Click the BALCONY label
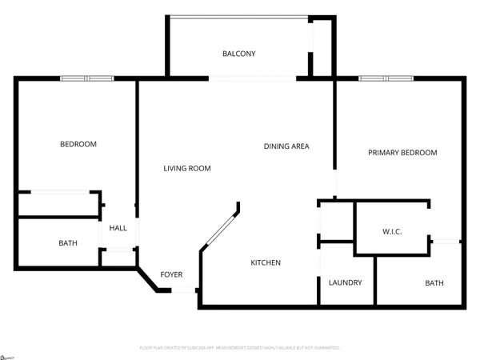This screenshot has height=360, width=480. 238,54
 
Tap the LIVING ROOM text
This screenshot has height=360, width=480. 187,168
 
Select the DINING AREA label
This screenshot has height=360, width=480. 286,146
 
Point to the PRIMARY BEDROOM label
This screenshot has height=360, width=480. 402,153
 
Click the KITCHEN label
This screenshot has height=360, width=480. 266,262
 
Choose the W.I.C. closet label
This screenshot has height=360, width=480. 392,232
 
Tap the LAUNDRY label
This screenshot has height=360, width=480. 346,282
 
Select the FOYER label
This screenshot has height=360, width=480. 171,274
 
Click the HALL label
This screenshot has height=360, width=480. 118,228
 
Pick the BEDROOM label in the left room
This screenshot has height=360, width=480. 78,144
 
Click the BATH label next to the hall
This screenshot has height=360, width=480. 68,242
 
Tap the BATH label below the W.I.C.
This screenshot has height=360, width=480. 434,283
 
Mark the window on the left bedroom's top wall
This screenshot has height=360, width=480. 87,78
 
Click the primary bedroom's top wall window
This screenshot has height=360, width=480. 386,78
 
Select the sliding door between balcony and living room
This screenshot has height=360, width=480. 253,78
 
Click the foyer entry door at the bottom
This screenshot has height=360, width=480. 186,290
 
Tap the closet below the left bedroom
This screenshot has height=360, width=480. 60,204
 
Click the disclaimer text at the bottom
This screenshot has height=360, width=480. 240,348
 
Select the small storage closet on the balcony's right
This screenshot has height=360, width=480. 322,46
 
